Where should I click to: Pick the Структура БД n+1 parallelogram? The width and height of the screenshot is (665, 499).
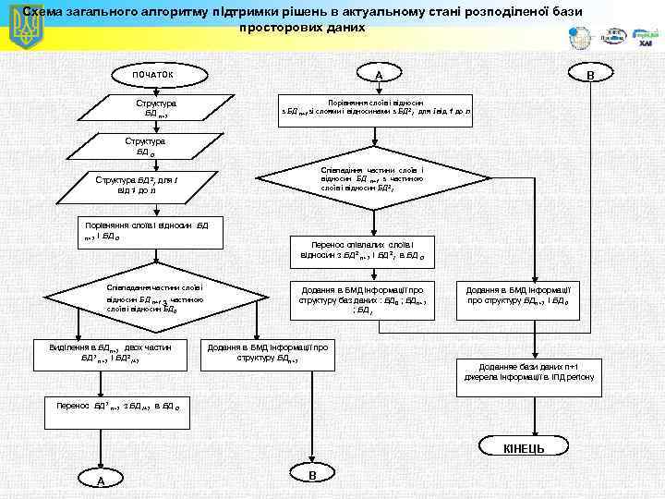tap(150, 109)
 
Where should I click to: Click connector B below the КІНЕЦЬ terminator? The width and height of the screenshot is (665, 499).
tap(311, 474)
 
